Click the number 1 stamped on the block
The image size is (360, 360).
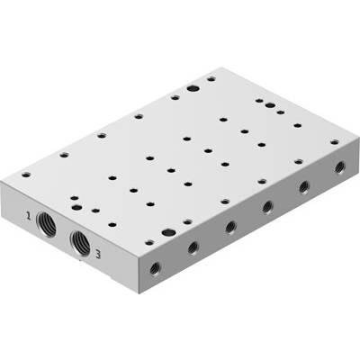[28, 215]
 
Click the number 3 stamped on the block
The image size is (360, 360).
[98, 255]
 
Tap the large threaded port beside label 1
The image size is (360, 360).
[47, 224]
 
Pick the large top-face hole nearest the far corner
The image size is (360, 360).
[193, 88]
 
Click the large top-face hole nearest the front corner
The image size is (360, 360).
[168, 232]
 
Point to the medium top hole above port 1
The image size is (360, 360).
[77, 207]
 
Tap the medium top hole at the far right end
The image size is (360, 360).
[270, 105]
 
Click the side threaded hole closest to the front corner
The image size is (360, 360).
[155, 268]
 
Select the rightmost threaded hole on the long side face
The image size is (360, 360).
[340, 166]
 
